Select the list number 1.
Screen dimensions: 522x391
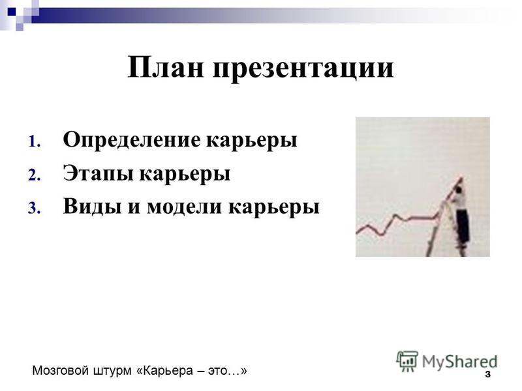point(34,141)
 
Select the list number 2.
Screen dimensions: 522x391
point(34,175)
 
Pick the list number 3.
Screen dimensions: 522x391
point(34,208)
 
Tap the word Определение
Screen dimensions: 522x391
point(132,140)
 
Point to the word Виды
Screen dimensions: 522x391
point(92,206)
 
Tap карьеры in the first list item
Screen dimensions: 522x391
point(252,141)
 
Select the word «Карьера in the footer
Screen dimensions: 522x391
point(165,371)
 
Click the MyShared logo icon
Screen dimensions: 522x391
point(407,361)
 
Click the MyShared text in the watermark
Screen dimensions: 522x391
point(459,362)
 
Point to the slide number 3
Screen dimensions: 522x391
point(487,374)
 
